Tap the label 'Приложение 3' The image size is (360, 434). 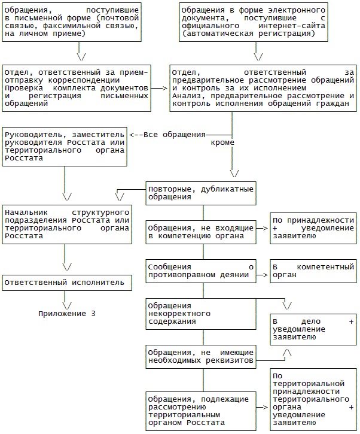tap(67, 313)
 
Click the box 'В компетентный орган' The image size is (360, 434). tap(313, 272)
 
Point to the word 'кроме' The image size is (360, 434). tap(222, 143)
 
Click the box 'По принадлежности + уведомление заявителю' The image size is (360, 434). tap(313, 227)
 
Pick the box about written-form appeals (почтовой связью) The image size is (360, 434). tap(72, 22)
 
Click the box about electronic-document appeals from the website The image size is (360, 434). tap(254, 22)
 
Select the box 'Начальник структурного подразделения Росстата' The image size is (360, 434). tap(66, 224)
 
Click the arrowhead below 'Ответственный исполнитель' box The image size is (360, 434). tap(67, 297)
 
